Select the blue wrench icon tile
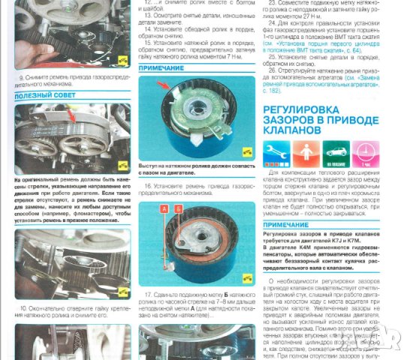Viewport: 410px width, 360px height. [x=277, y=154]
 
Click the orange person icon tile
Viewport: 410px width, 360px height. [x=306, y=154]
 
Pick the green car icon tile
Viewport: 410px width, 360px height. [x=334, y=154]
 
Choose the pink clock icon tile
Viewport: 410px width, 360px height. [x=363, y=154]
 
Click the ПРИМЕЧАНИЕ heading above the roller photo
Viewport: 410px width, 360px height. [x=163, y=67]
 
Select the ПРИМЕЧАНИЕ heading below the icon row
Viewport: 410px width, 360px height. [x=288, y=224]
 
